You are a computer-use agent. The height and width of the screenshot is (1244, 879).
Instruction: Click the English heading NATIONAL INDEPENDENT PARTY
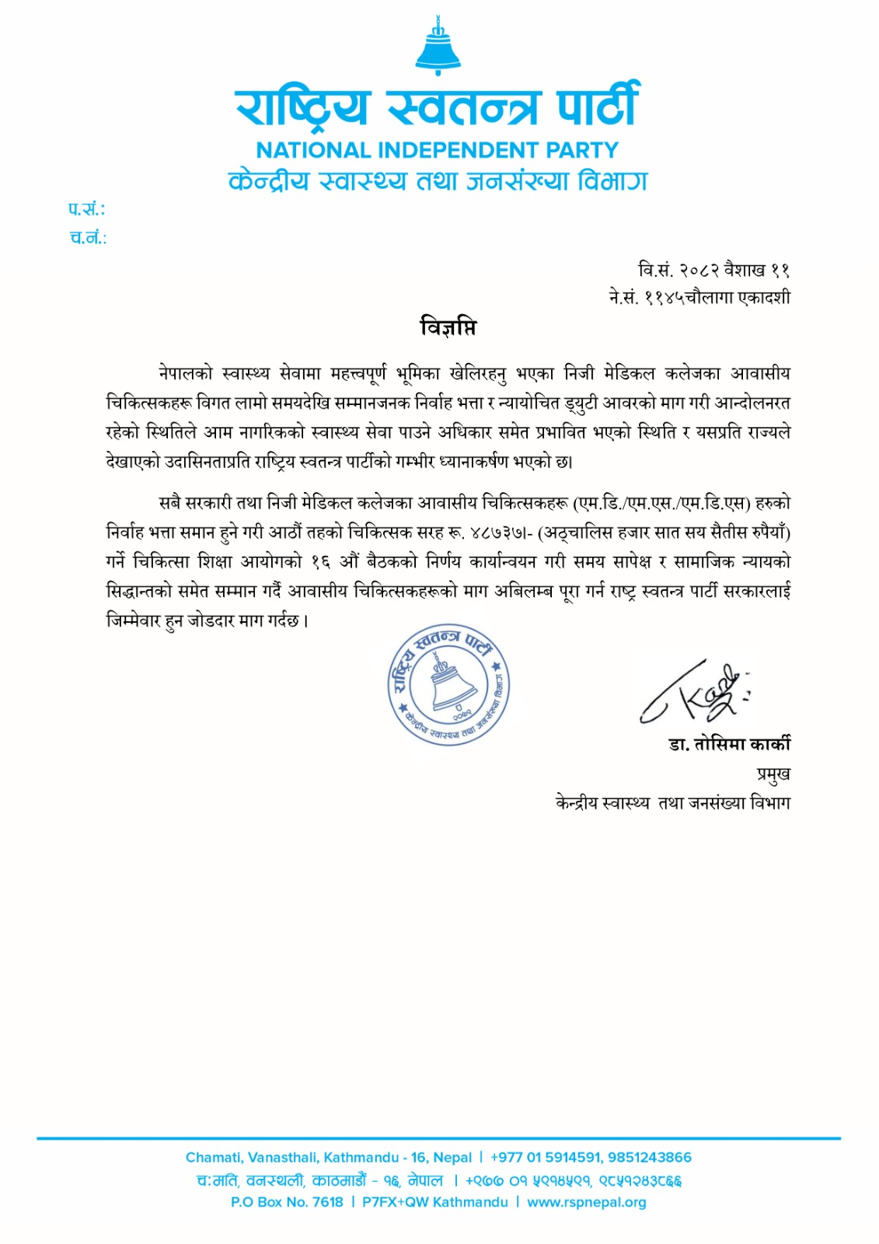(438, 149)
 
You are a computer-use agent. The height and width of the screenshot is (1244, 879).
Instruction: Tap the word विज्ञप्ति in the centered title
(448, 327)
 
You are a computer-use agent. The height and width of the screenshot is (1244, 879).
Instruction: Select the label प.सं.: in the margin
(86, 209)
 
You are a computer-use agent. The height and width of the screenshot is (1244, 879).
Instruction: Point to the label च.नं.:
(88, 238)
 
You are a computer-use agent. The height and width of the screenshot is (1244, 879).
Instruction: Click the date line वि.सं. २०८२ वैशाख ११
(713, 270)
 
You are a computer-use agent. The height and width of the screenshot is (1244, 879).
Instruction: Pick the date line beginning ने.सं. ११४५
(699, 297)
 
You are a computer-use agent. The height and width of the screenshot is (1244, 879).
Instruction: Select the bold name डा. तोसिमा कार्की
(729, 744)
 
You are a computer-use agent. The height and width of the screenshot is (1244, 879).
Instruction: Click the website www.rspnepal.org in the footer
(586, 1202)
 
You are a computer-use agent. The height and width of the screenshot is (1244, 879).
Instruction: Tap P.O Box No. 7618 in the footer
(287, 1202)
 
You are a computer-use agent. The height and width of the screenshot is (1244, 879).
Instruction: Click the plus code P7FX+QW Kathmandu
(434, 1202)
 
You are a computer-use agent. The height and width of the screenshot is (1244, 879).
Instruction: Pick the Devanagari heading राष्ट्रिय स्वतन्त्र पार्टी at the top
(438, 105)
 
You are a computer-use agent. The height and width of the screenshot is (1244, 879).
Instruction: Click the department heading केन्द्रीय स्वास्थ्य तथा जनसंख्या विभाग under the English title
(438, 181)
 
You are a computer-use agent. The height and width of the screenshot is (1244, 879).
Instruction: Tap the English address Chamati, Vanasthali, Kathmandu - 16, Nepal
(329, 1157)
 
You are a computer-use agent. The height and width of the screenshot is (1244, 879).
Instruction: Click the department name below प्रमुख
(672, 802)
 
